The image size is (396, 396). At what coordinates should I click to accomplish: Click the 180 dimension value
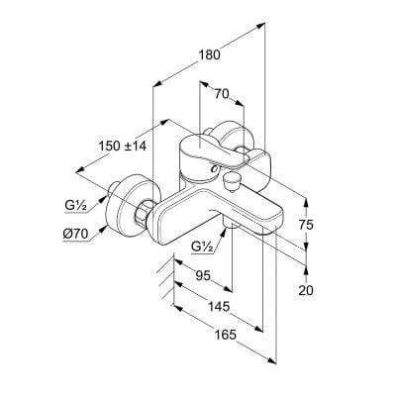coord(209,54)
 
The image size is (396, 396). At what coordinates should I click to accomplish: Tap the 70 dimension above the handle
coord(222,94)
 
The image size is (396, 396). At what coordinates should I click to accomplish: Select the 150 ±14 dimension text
coord(123,146)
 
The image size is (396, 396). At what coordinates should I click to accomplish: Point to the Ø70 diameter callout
coord(75,235)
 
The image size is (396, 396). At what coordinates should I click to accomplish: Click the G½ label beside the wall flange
coord(75,206)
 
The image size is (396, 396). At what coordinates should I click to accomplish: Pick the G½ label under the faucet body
coord(203,247)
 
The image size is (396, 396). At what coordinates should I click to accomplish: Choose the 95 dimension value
coord(203,275)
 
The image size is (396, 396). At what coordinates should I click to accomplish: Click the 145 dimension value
coord(219,307)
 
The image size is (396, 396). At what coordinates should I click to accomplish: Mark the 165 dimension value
coord(226,335)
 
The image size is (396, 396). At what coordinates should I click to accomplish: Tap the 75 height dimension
coord(306,225)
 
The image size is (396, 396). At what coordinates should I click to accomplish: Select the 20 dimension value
coord(306,290)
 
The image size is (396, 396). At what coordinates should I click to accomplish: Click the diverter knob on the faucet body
coord(230,182)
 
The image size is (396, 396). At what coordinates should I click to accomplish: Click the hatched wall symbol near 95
coord(165,279)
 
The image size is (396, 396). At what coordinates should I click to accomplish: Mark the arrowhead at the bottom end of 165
coord(271,360)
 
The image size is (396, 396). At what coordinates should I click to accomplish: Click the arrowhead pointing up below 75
coord(306,270)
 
